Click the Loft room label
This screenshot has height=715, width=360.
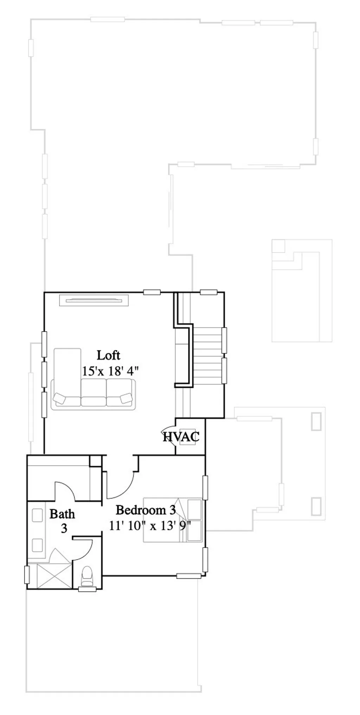[108, 355]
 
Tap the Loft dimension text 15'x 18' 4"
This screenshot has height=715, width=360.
[110, 371]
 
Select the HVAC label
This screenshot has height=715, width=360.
[181, 437]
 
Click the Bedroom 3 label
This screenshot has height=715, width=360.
[146, 510]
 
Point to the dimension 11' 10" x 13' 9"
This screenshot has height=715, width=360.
[150, 526]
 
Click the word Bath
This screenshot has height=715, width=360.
[62, 514]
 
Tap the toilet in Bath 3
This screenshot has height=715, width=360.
[87, 576]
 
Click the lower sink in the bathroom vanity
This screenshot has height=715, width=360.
[37, 545]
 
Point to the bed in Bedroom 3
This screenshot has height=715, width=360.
[172, 520]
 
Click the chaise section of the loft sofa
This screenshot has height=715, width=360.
[67, 372]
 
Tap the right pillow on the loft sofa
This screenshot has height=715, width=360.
[126, 398]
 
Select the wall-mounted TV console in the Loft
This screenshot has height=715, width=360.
[94, 300]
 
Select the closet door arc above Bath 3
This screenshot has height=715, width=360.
[65, 490]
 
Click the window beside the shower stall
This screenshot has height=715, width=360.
[26, 575]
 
